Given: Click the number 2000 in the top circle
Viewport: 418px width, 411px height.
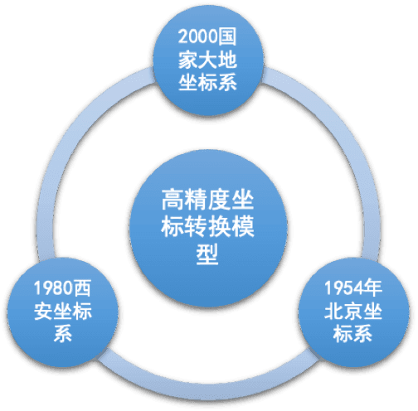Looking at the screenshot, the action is click(197, 36).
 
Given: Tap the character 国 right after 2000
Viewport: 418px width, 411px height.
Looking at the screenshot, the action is click(226, 36).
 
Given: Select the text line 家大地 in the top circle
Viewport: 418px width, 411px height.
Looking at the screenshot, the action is click(207, 60).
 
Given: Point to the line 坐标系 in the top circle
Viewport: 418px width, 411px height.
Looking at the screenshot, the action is click(207, 82).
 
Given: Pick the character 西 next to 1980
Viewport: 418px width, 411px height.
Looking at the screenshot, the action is click(81, 288).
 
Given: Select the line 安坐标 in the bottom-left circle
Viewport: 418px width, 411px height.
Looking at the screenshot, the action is click(63, 311).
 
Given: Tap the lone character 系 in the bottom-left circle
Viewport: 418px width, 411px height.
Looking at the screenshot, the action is click(63, 334).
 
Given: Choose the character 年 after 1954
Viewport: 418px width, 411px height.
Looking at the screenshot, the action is click(372, 288).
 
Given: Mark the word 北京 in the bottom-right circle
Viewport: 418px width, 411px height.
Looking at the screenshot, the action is click(343, 311).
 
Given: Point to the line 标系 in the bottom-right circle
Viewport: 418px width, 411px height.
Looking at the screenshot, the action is click(353, 334).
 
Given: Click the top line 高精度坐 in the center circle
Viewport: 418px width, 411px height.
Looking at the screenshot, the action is click(207, 200).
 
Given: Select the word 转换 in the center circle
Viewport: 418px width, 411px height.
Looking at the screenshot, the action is click(207, 226).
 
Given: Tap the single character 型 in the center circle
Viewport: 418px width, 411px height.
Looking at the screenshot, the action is click(207, 254).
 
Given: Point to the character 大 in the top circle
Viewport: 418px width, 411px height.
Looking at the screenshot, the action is click(207, 60).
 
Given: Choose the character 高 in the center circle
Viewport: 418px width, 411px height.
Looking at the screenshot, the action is click(173, 200).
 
